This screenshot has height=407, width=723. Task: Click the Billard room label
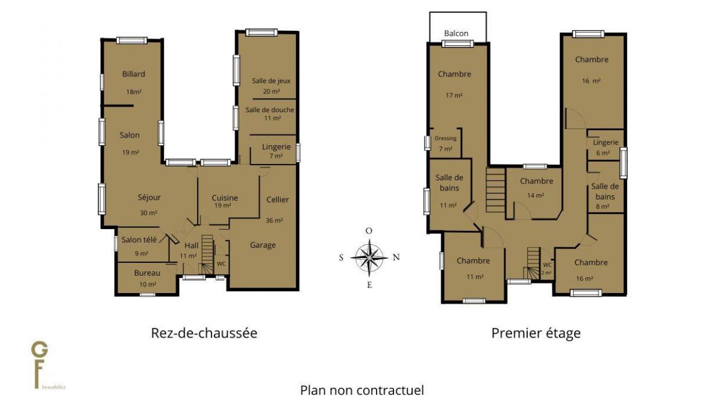pyautogui.click(x=133, y=74)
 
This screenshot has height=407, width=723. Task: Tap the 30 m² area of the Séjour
pyautogui.click(x=148, y=213)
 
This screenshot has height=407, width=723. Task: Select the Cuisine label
pyautogui.click(x=225, y=198)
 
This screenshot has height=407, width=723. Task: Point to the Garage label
pyautogui.click(x=263, y=245)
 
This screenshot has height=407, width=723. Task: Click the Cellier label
pyautogui.click(x=278, y=200)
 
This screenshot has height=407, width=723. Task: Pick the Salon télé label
pyautogui.click(x=139, y=240)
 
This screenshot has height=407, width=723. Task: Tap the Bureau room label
pyautogui.click(x=147, y=273)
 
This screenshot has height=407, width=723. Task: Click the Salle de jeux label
pyautogui.click(x=271, y=81)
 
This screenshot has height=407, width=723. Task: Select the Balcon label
pyautogui.click(x=456, y=33)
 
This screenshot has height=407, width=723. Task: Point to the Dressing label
pyautogui.click(x=445, y=138)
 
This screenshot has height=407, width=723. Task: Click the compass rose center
pyautogui.click(x=369, y=257)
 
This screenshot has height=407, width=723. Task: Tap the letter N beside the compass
pyautogui.click(x=396, y=257)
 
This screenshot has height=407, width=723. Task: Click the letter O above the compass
pyautogui.click(x=369, y=230)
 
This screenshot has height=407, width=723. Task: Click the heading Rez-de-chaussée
pyautogui.click(x=204, y=333)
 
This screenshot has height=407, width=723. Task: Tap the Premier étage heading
pyautogui.click(x=536, y=333)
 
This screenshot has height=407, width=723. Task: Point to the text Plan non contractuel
pyautogui.click(x=362, y=390)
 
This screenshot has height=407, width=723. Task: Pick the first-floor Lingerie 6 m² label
pyautogui.click(x=606, y=142)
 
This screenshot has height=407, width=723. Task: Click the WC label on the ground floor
pyautogui.click(x=221, y=263)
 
